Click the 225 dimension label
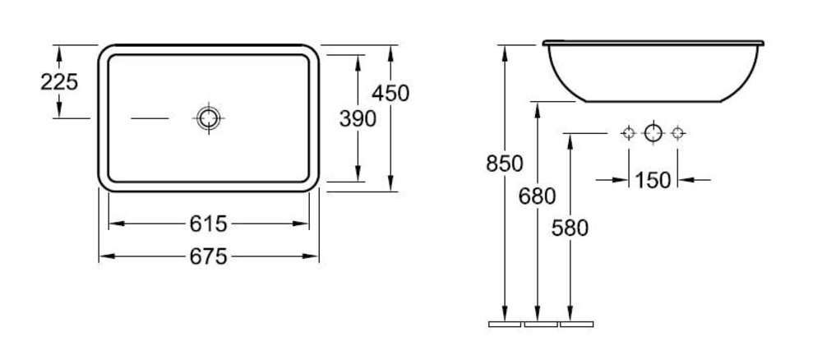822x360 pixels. pyautogui.click(x=59, y=81)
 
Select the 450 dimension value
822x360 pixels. pyautogui.click(x=390, y=93)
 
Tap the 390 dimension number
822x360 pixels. pyautogui.click(x=358, y=119)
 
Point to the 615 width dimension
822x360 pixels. pyautogui.click(x=208, y=224)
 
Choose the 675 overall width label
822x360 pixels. pyautogui.click(x=208, y=256)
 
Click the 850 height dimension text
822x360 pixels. pyautogui.click(x=505, y=164)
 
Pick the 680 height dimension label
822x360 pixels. pyautogui.click(x=538, y=196)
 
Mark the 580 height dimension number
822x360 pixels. pyautogui.click(x=570, y=228)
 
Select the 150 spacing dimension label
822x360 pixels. pyautogui.click(x=653, y=180)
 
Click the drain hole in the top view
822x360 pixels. pyautogui.click(x=209, y=118)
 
